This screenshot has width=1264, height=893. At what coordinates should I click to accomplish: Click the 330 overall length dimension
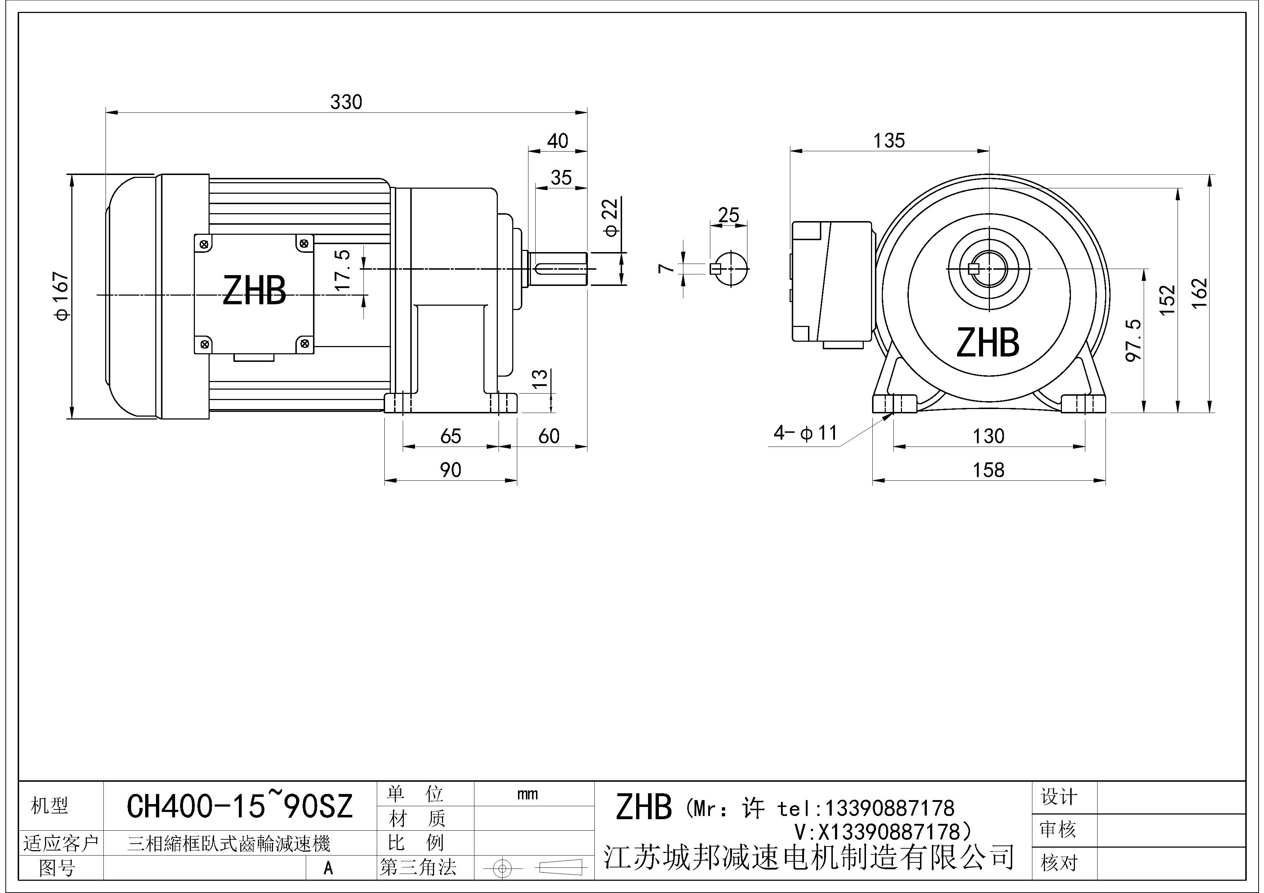346,102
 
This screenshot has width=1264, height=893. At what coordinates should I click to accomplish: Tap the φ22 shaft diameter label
612,218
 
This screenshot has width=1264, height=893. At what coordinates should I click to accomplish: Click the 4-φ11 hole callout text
805,434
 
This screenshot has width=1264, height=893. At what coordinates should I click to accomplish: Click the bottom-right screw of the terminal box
304,344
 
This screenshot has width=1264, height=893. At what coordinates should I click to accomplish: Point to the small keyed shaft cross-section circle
730,269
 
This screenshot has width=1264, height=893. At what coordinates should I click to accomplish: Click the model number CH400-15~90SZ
240,807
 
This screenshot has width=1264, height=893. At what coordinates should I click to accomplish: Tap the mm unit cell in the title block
527,794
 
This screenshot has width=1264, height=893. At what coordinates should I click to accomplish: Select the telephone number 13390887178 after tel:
889,808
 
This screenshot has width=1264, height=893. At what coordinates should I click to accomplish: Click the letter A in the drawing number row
328,868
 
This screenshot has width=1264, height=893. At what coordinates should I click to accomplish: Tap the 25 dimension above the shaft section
728,215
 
